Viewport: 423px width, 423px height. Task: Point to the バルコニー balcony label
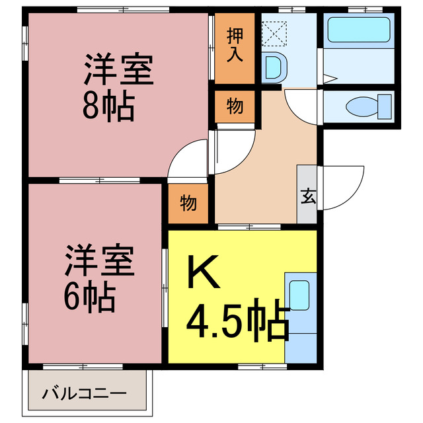tap(84, 395)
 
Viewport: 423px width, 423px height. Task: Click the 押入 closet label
tap(234, 46)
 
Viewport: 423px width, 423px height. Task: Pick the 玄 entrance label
tap(308, 196)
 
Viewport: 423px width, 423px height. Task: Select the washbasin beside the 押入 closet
tap(272, 68)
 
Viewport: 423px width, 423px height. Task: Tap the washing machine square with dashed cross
tap(272, 30)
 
